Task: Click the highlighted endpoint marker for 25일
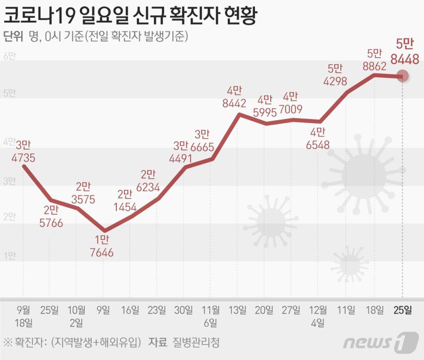pos(402,77)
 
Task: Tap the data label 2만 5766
pos(51,216)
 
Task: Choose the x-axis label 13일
pos(236,311)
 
